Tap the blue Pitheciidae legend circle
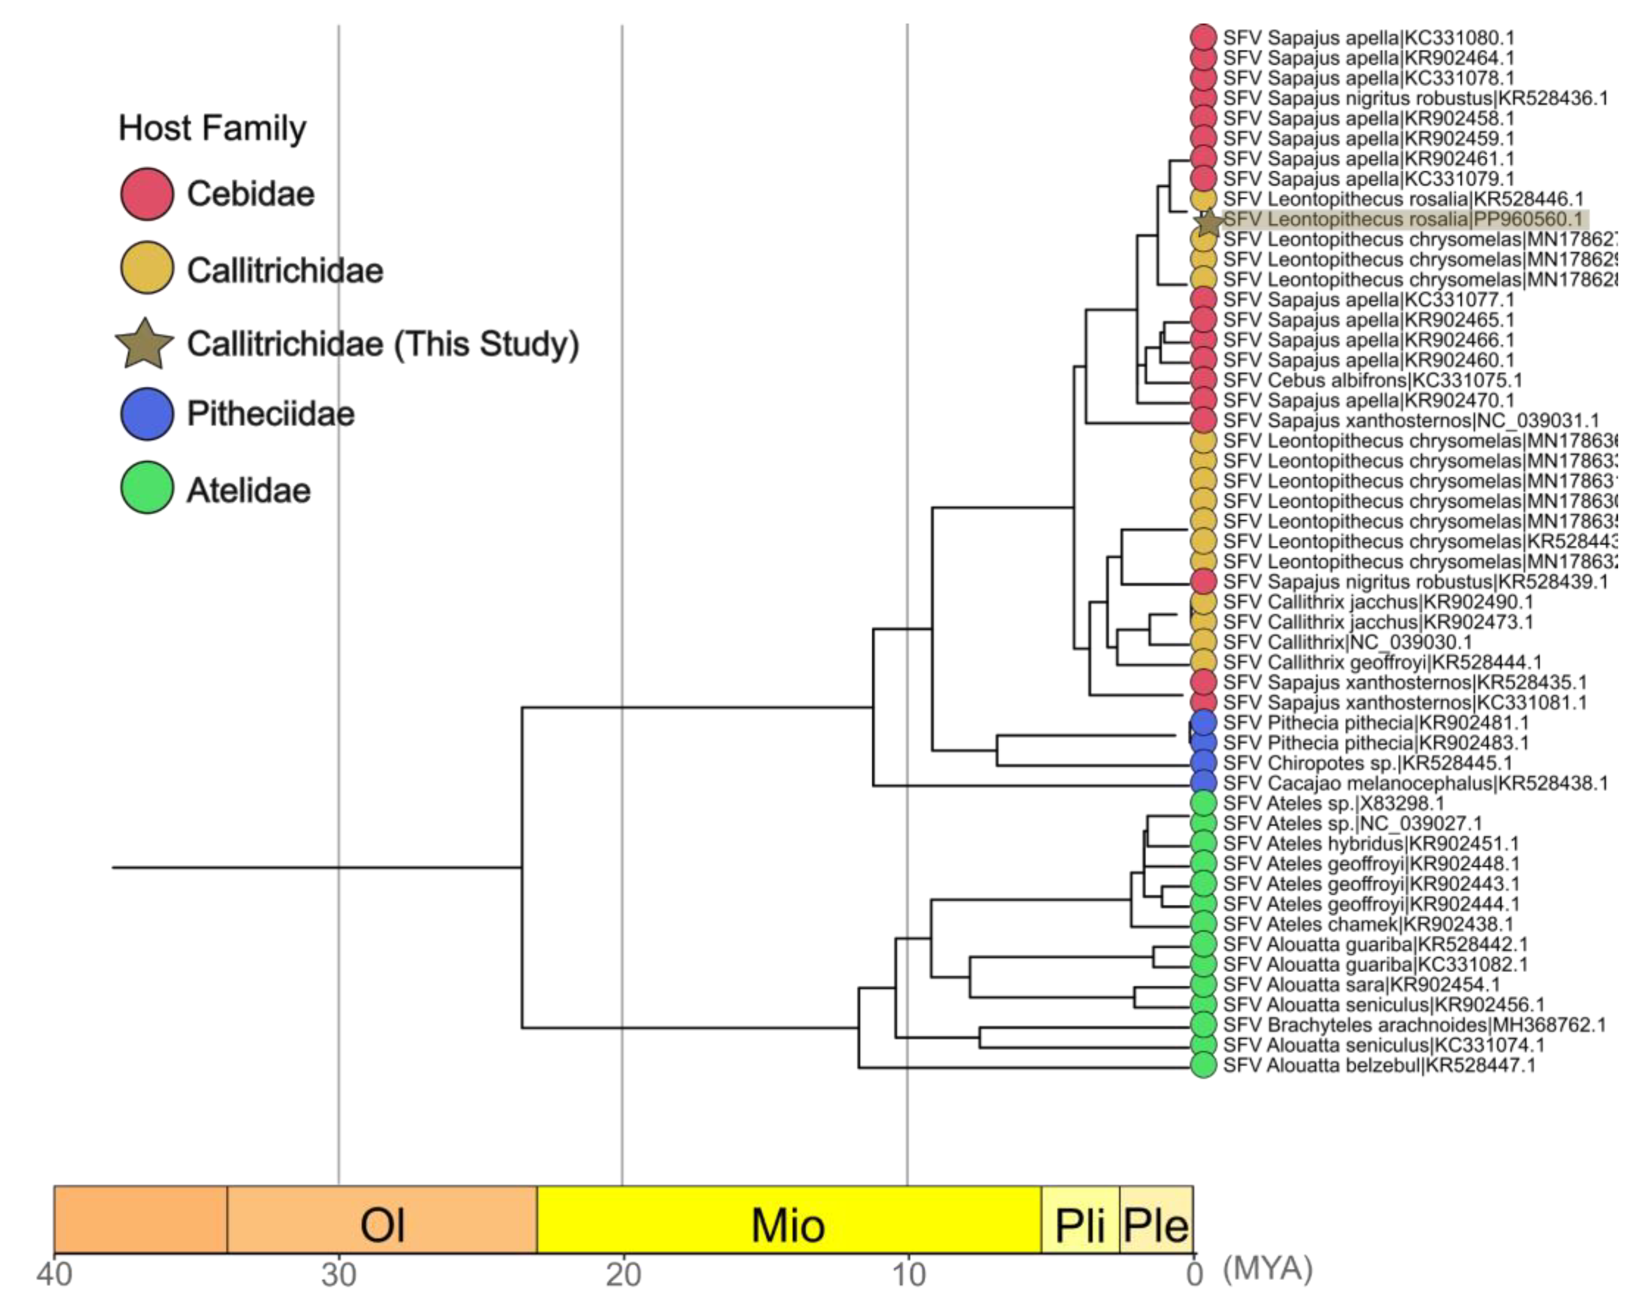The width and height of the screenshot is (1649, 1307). point(147,414)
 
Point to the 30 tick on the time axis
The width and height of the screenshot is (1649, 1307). point(339,1275)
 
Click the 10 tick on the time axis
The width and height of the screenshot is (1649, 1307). point(908,1275)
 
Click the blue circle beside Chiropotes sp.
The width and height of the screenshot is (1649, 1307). point(1203,762)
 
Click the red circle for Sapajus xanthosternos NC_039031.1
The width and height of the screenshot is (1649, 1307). point(1203,421)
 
